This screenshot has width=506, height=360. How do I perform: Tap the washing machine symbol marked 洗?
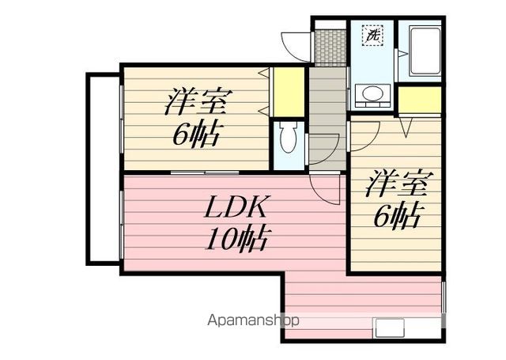[372, 36]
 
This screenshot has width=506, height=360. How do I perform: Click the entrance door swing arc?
[297, 44]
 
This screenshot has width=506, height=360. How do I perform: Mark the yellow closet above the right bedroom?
[420, 100]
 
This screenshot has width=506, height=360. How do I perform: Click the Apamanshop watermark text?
[252, 321]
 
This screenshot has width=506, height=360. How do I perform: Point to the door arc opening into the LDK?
[324, 188]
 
